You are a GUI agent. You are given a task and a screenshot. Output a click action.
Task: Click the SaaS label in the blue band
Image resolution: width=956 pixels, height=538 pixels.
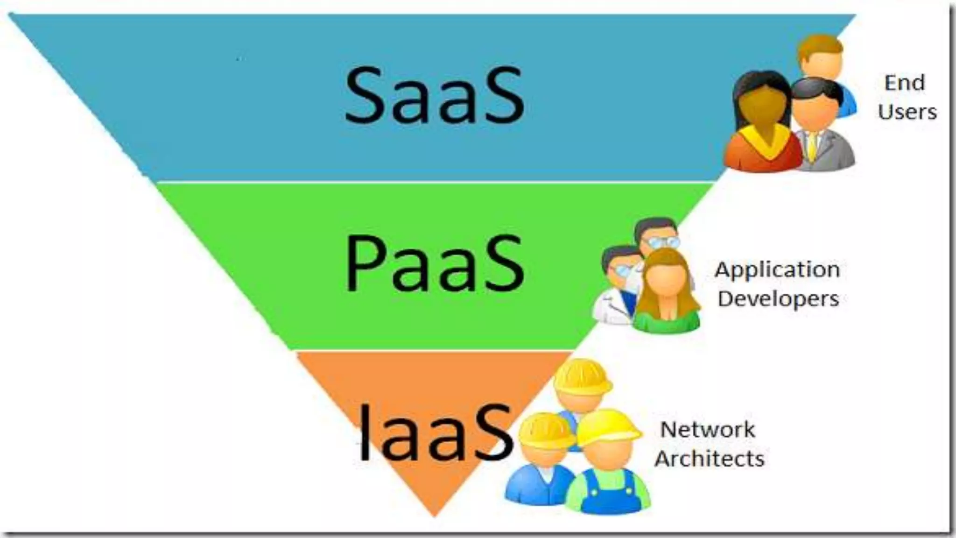434,96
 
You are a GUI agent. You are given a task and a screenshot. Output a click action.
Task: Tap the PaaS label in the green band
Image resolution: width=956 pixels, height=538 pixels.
434,264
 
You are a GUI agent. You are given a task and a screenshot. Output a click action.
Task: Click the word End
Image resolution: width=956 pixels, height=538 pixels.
904,83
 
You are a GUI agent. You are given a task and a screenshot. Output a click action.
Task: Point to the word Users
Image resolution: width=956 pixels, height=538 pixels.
907,112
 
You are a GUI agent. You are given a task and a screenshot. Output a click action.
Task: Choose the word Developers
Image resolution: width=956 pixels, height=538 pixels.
778,299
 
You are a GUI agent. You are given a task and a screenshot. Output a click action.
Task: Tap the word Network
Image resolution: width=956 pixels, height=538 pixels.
707,430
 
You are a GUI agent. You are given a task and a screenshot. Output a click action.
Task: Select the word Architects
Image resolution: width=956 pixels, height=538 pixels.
709,459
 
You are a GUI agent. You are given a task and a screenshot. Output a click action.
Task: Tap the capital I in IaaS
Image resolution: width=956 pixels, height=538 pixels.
365,432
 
